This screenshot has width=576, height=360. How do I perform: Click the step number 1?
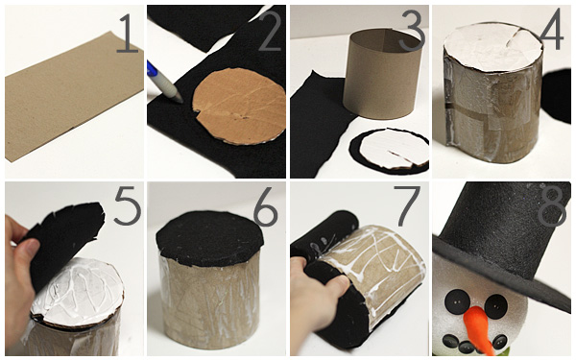[x=128, y=34]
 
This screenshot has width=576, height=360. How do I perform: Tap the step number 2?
[x=269, y=32]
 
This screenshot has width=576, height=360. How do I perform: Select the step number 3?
[x=412, y=31]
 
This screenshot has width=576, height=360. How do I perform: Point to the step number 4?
[x=551, y=30]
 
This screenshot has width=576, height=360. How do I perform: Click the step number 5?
[x=128, y=205]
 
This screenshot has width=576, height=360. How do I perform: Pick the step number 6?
[x=265, y=206]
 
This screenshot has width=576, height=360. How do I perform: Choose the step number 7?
[x=407, y=205]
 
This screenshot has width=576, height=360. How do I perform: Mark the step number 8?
[x=551, y=205]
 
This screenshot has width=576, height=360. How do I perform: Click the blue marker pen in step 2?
[x=164, y=83]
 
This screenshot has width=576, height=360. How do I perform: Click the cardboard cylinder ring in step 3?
[x=381, y=74]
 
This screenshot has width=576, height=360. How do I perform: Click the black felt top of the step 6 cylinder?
[x=209, y=238]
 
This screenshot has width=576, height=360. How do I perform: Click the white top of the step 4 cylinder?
[x=493, y=45]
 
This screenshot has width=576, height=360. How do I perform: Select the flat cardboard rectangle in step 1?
[x=74, y=96]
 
